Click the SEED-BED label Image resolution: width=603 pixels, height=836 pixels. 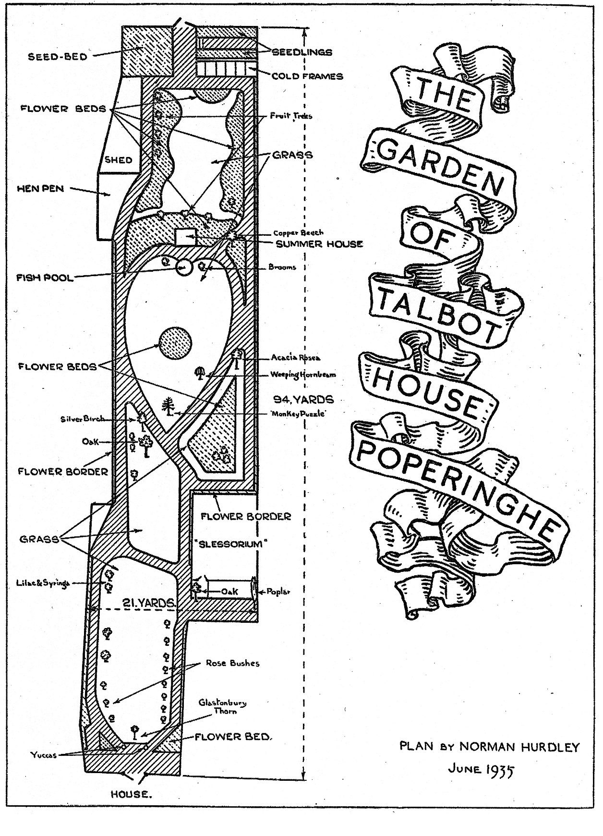58,57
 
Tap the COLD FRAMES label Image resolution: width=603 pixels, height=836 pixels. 307,76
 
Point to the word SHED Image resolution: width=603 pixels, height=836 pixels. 119,160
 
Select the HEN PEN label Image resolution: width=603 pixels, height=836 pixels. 40,189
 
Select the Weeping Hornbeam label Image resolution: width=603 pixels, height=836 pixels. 303,375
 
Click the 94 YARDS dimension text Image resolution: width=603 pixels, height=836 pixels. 303,399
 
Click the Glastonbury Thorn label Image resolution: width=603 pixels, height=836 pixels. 223,707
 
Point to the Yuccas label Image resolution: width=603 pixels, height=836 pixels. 44,755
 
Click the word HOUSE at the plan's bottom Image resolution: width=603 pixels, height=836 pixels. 132,794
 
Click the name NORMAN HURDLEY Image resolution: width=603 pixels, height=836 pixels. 519,747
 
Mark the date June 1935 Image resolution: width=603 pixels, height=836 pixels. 481,769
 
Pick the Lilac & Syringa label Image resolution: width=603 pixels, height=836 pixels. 43,583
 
